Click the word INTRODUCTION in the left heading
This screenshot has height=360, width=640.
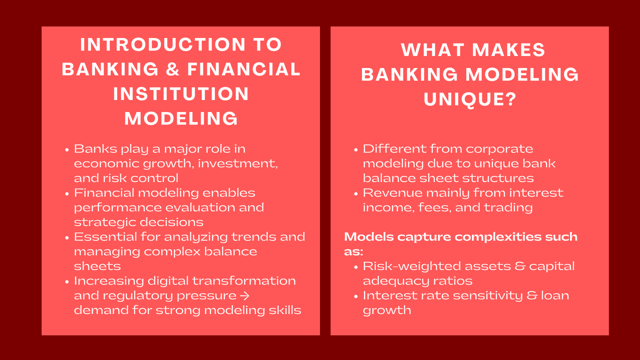coord(163,45)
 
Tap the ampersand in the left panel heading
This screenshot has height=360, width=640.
coord(173,70)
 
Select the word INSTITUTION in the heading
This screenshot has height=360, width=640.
coord(181,94)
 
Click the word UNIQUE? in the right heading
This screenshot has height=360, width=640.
coord(470,100)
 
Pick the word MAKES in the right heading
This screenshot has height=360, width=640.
coord(509,50)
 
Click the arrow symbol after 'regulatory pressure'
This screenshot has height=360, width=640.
coord(245,296)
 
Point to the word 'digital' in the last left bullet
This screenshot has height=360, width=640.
coord(168,281)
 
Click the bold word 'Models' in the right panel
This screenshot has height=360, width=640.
coord(369,237)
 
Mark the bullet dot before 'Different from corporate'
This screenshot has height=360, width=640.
coord(356,150)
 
